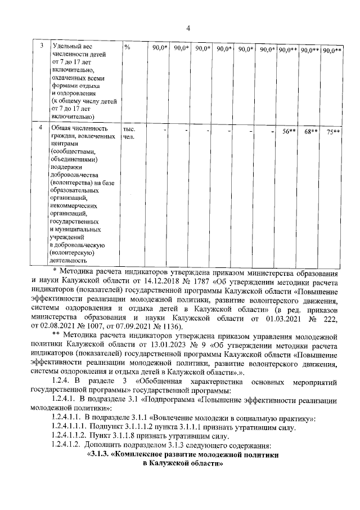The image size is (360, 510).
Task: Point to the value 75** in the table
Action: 333,132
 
